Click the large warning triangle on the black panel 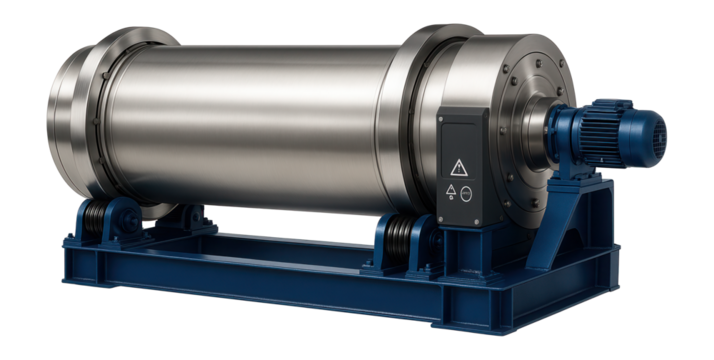point(459,167)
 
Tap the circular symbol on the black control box point(467,195)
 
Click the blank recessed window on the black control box point(460,130)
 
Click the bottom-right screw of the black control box point(481,220)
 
